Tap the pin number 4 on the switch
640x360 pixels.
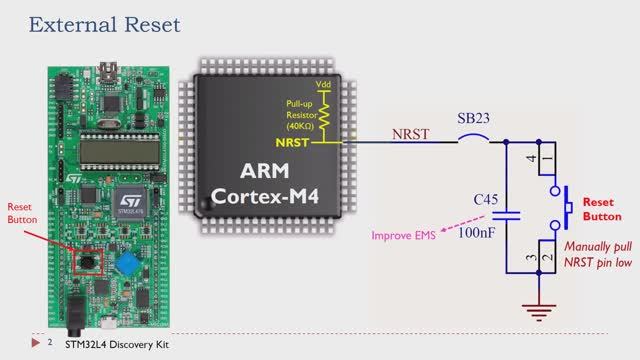[533, 157]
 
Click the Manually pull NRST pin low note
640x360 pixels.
[598, 254]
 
